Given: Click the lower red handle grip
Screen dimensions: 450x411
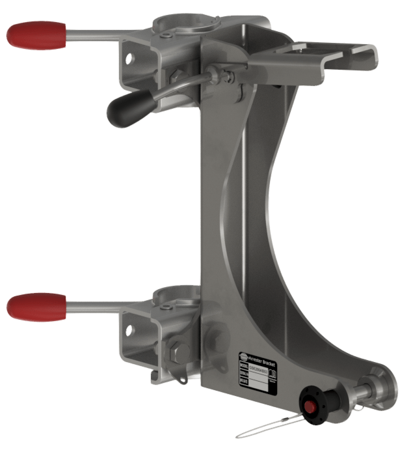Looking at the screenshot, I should [x=36, y=305].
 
